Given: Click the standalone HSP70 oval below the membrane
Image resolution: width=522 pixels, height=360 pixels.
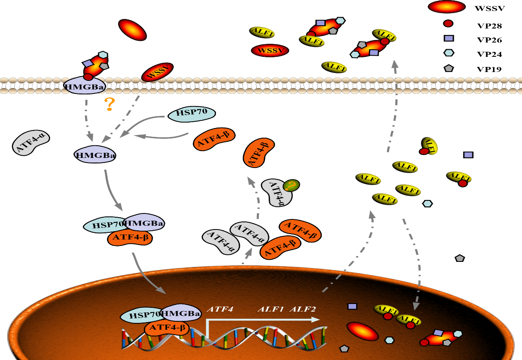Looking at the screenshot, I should [192, 114].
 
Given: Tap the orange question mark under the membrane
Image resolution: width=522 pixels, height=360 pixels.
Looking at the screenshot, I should [109, 104].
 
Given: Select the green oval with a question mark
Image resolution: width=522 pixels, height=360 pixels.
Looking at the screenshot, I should [291, 185].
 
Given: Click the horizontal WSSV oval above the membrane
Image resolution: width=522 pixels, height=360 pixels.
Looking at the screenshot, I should [270, 51].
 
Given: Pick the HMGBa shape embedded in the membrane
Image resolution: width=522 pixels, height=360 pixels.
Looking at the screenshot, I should [85, 86].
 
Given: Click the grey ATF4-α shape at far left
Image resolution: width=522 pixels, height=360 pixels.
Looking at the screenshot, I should [32, 142].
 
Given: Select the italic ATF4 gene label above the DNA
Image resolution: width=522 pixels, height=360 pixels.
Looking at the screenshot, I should [220, 309].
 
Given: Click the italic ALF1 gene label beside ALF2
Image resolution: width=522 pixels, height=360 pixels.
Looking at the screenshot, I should [271, 309].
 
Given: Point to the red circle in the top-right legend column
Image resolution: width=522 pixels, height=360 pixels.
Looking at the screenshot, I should [448, 24].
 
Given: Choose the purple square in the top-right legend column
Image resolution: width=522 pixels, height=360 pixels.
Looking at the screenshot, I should [449, 38].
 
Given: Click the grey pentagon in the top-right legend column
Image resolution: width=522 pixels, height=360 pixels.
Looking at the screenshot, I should [449, 68].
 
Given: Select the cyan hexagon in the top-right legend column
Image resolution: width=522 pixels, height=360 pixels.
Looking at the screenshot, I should [449, 53].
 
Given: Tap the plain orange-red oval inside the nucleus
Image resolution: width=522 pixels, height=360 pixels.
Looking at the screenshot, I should [362, 331].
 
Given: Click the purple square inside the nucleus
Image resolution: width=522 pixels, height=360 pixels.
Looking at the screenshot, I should [352, 306].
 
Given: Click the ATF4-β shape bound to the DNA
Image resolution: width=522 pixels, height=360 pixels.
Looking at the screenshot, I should [167, 328].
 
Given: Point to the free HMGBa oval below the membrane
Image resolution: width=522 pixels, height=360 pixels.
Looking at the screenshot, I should [95, 155].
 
